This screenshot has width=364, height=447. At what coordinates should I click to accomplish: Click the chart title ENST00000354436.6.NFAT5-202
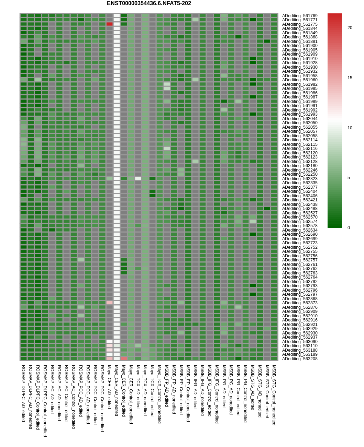pyautogui.click(x=149, y=3)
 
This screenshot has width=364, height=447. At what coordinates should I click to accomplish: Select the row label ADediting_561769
pyautogui.click(x=300, y=16)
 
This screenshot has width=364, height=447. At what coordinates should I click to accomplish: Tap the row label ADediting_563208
pyautogui.click(x=300, y=359)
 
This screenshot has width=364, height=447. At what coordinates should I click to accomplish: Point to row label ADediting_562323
pyautogui.click(x=300, y=179)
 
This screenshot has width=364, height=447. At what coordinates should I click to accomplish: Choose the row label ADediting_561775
pyautogui.click(x=300, y=24)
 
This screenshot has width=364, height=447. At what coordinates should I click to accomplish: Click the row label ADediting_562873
pyautogui.click(x=300, y=303)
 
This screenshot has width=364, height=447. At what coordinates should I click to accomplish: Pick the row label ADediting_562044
pyautogui.click(x=300, y=119)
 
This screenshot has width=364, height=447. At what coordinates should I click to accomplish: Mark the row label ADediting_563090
pyautogui.click(x=300, y=342)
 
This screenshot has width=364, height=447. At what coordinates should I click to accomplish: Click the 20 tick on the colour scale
pyautogui.click(x=350, y=28)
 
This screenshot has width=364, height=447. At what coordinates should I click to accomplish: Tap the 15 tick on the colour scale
pyautogui.click(x=350, y=78)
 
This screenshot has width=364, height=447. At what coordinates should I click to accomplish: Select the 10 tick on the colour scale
pyautogui.click(x=350, y=128)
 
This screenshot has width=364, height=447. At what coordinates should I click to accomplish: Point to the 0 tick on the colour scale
pyautogui.click(x=349, y=228)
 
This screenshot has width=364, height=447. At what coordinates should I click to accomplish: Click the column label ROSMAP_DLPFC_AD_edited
pyautogui.click(x=23, y=393)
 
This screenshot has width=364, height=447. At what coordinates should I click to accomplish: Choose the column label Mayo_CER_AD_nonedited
pyautogui.click(x=117, y=390)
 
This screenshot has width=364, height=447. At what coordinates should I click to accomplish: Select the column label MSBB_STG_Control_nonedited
pyautogui.click(x=274, y=395)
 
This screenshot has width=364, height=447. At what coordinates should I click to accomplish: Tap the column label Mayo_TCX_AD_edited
pyautogui.click(x=138, y=386)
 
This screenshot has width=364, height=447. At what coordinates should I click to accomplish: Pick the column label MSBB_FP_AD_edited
pyautogui.click(x=167, y=386)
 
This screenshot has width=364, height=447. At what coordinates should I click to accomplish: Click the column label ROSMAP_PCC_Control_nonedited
pyautogui.click(x=102, y=398)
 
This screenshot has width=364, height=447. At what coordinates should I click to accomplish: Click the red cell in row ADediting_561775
pyautogui.click(x=109, y=24)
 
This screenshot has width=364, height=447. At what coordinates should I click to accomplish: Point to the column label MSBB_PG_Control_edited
pyautogui.click(x=238, y=390)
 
